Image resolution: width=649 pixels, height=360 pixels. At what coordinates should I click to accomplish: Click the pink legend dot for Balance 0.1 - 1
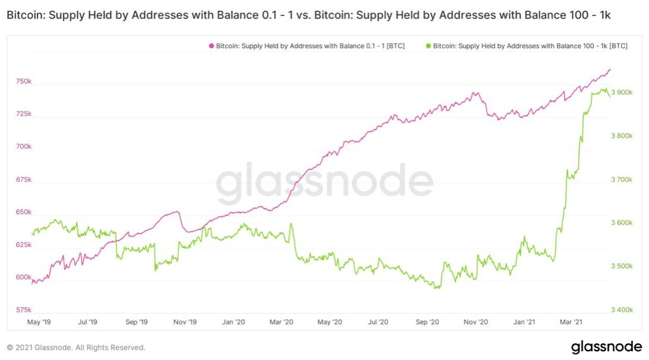212,46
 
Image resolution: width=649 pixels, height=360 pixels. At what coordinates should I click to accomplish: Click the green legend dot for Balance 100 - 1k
429,46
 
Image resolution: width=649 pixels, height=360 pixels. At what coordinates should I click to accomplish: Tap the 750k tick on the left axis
24,81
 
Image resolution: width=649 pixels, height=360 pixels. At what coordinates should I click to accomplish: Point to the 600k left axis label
24,277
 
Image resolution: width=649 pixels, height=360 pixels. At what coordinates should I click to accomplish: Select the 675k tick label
24,179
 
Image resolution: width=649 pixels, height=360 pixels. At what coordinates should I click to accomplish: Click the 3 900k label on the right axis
622,92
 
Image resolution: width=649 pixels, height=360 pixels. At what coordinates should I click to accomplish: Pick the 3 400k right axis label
622,310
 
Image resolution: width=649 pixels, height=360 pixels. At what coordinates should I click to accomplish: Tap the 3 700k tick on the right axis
622,179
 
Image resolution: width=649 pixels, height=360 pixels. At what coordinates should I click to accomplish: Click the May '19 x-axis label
39,322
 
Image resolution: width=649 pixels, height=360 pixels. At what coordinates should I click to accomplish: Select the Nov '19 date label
185,322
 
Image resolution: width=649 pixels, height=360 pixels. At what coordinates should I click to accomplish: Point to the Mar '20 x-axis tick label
282,322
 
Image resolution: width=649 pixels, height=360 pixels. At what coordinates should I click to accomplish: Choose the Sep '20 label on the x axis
427,322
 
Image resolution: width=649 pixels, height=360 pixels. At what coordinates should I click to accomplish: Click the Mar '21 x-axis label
571,322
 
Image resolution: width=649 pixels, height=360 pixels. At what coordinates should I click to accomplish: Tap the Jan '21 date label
524,322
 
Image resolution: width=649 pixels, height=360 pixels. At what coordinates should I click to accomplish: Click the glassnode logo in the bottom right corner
607,347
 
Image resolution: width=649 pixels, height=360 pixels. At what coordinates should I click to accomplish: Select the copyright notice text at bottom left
76,348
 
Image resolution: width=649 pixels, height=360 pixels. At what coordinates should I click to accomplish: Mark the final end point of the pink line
610,70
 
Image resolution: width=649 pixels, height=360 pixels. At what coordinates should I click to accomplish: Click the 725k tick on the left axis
24,114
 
